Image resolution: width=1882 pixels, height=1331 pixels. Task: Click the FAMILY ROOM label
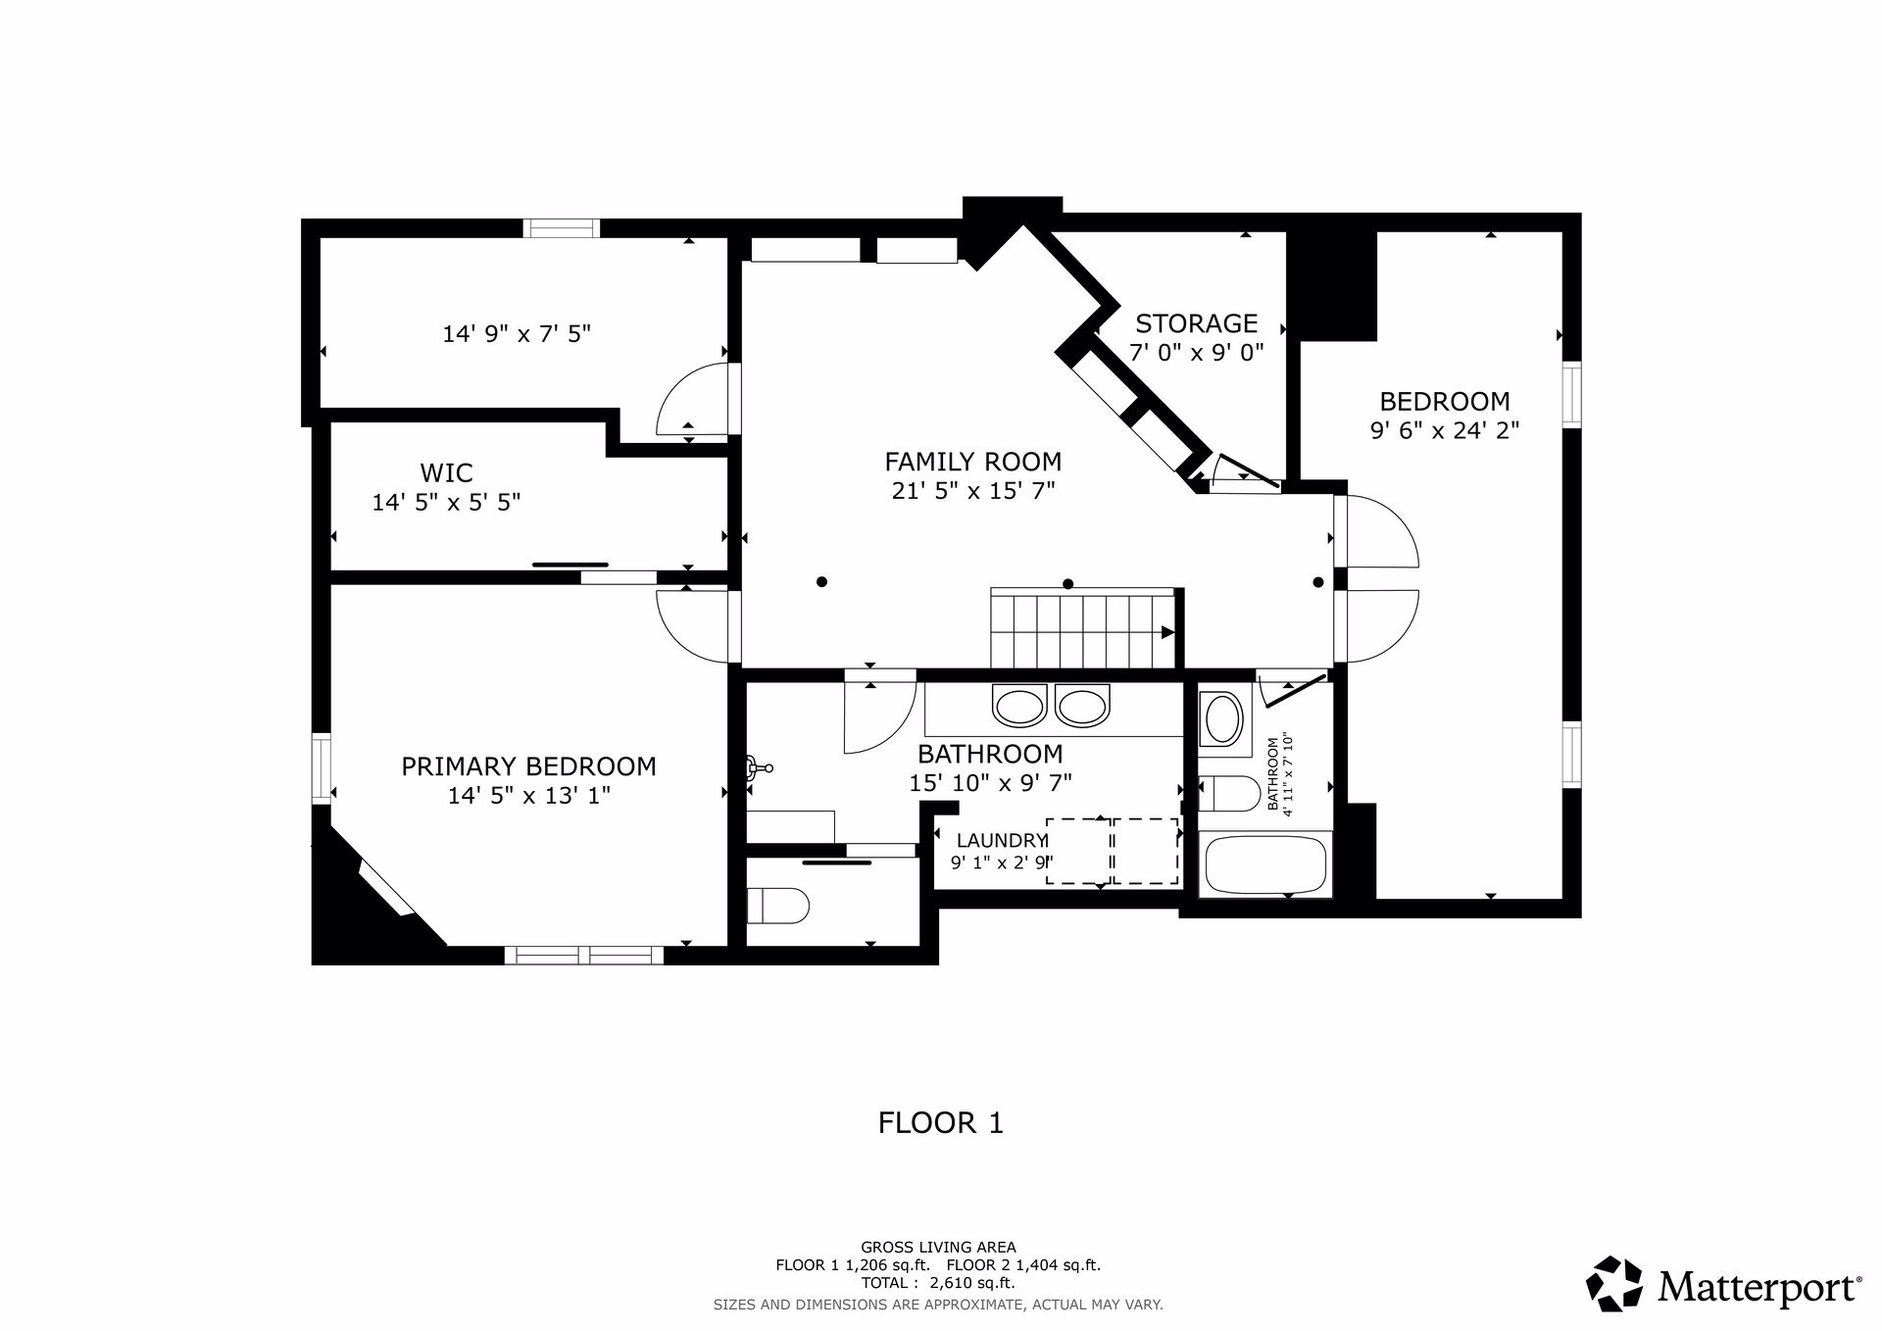pyautogui.click(x=972, y=461)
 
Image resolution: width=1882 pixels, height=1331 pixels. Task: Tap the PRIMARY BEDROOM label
pyautogui.click(x=528, y=766)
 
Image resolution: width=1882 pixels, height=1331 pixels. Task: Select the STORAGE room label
pyautogui.click(x=1196, y=323)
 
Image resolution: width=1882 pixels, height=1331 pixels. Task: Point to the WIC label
pyautogui.click(x=446, y=472)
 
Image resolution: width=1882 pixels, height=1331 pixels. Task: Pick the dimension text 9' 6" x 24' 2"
pyautogui.click(x=1444, y=430)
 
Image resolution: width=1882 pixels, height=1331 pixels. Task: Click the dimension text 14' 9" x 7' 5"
pyautogui.click(x=517, y=334)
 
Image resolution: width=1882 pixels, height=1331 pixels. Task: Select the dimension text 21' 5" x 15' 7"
pyautogui.click(x=972, y=490)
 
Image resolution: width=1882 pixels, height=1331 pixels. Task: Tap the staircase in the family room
pyautogui.click(x=1083, y=628)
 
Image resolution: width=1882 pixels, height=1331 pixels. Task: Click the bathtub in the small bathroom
pyautogui.click(x=1265, y=865)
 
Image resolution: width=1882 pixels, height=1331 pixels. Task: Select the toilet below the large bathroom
pyautogui.click(x=777, y=906)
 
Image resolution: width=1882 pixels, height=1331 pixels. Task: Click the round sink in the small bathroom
pyautogui.click(x=1222, y=719)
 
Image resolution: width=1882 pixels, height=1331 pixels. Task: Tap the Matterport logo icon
pyautogui.click(x=1614, y=1283)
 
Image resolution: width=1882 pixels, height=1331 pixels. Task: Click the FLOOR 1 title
pyautogui.click(x=941, y=1123)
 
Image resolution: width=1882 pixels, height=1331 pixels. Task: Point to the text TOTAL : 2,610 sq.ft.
pyautogui.click(x=938, y=1282)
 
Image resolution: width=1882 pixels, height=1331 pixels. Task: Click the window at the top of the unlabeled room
pyautogui.click(x=561, y=228)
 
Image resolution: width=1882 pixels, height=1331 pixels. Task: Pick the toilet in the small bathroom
pyautogui.click(x=1229, y=794)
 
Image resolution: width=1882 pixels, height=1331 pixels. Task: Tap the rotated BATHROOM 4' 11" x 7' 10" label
pyautogui.click(x=1280, y=774)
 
